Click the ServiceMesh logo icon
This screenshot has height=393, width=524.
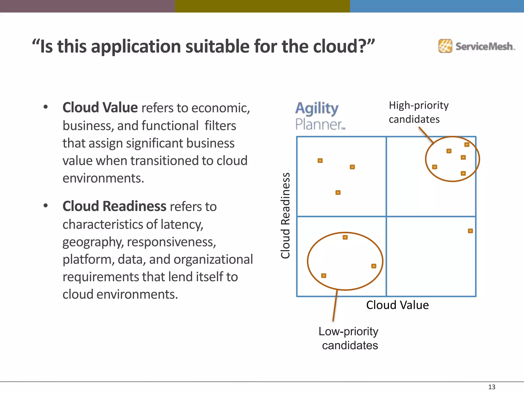click(x=445, y=46)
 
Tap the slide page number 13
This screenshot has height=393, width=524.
click(x=492, y=387)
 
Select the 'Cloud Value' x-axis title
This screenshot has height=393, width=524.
click(x=397, y=305)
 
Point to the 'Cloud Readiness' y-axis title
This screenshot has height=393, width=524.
click(x=286, y=216)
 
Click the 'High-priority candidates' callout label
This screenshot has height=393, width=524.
click(x=418, y=112)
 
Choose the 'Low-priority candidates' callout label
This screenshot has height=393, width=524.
click(x=348, y=338)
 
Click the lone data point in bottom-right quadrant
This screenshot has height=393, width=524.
click(x=470, y=231)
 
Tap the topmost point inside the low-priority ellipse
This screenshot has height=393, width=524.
click(x=345, y=237)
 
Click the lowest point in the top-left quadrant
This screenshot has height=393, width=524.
click(x=338, y=192)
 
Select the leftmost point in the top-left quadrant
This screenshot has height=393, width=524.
click(x=320, y=160)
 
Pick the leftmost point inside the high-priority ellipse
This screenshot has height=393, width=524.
click(x=434, y=167)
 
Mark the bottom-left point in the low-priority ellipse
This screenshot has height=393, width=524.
click(x=324, y=276)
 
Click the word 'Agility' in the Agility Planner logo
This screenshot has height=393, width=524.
click(x=317, y=108)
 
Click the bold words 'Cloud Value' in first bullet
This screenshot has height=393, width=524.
click(x=100, y=107)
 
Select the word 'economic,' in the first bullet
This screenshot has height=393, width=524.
click(x=221, y=108)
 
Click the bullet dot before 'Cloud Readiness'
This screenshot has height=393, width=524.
click(x=46, y=206)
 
